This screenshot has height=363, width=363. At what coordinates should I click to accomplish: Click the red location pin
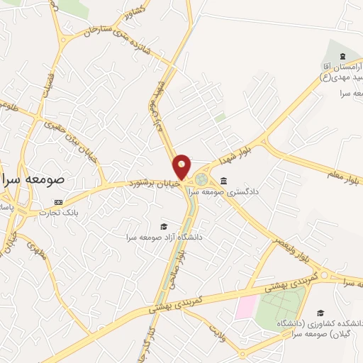[x=181, y=167]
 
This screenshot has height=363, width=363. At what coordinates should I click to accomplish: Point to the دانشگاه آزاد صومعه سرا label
[x=164, y=237]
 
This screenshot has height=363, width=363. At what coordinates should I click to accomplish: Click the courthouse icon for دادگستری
[x=224, y=179]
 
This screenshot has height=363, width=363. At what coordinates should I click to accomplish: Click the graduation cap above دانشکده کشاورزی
[x=320, y=313]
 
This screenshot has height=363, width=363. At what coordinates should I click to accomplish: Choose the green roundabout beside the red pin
[x=203, y=179]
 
